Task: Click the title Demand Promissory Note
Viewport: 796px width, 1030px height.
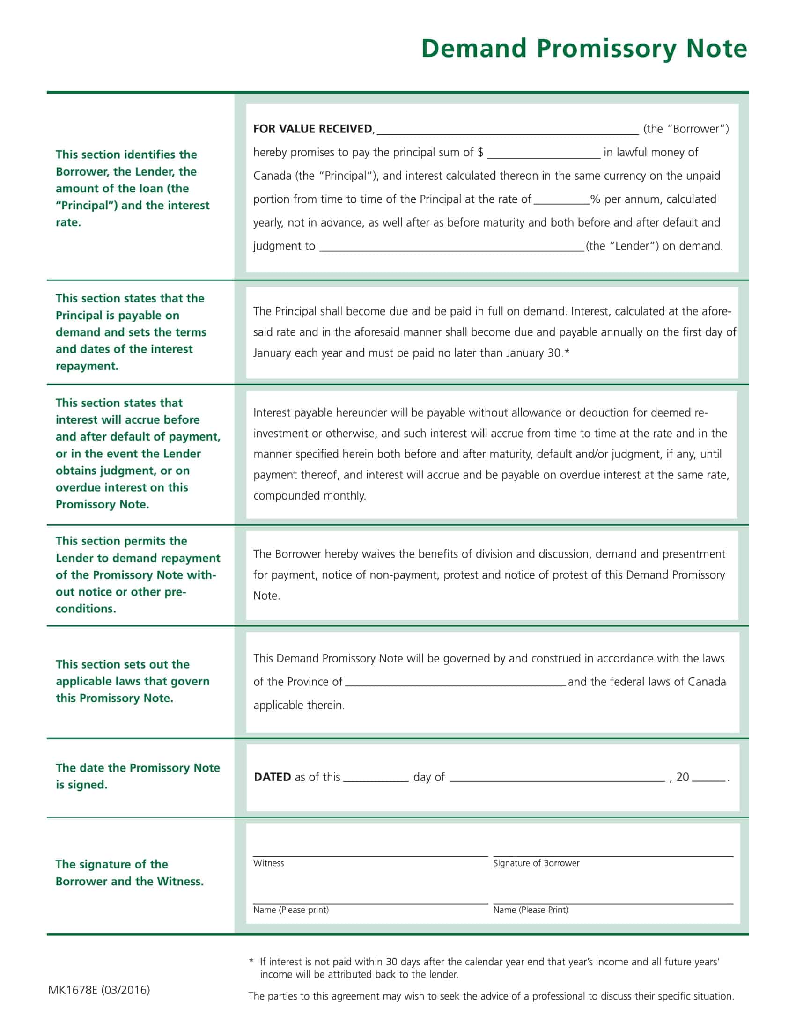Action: point(584,49)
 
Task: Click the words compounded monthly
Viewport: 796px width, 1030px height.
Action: point(310,496)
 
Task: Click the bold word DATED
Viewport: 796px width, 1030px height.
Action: point(272,777)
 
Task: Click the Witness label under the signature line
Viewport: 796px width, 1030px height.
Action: point(268,863)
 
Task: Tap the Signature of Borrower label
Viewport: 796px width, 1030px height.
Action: point(536,863)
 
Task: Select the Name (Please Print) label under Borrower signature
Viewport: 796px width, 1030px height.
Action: point(531,910)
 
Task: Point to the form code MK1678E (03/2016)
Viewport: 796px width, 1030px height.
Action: point(99,989)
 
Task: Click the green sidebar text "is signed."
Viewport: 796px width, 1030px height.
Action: point(81,785)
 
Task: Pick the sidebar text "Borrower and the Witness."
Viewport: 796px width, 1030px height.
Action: point(130,881)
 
